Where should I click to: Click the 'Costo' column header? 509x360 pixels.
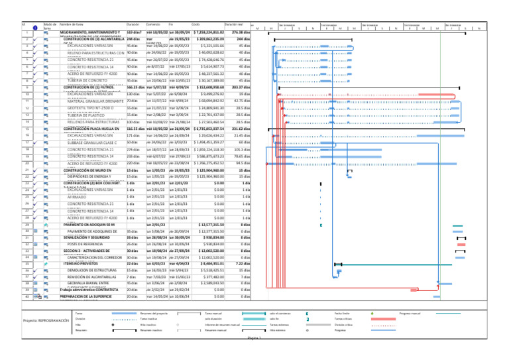[196, 25]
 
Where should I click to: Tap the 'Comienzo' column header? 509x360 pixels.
[154, 25]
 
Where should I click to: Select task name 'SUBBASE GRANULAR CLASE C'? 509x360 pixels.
[91, 143]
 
